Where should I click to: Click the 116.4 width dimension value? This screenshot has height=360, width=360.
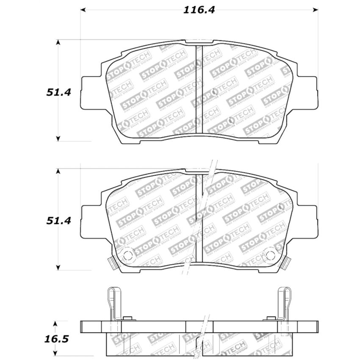199,10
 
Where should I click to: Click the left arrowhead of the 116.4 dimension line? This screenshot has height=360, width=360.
83,10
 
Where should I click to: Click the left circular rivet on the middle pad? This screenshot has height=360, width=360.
127,255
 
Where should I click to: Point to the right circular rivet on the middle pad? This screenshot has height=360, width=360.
270,255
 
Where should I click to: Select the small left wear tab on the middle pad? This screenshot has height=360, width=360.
112,263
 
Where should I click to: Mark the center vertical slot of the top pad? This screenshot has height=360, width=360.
199,89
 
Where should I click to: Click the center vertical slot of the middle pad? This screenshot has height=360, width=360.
199,218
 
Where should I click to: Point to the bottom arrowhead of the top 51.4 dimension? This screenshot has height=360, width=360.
58,138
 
